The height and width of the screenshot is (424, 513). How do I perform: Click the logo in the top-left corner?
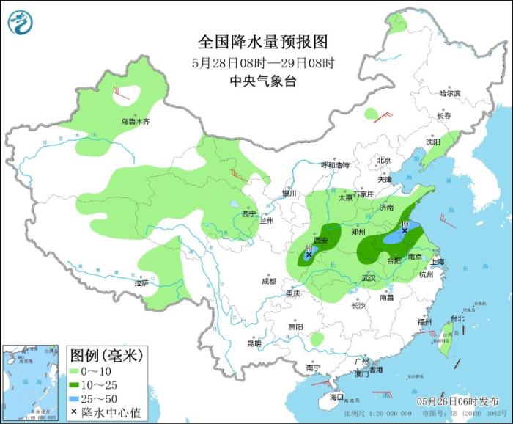pyautogui.click(x=21, y=23)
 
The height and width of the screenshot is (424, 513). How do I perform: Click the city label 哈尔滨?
pyautogui.click(x=449, y=93)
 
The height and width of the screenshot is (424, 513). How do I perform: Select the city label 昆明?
pyautogui.click(x=254, y=343)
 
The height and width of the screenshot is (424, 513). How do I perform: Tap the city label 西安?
pyautogui.click(x=321, y=240)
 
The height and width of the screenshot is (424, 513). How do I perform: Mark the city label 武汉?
pyautogui.click(x=368, y=278)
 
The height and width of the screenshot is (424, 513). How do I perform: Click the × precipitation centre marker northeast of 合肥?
pyautogui.click(x=404, y=230)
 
